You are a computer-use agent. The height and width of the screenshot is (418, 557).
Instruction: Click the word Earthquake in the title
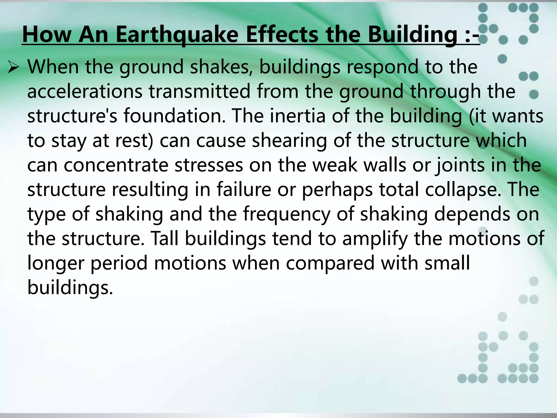click(x=177, y=35)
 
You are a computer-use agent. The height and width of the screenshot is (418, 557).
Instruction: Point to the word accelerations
click(x=85, y=91)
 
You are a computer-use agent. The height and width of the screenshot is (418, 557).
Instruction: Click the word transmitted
click(x=199, y=91)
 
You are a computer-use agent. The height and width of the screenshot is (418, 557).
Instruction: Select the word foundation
click(x=174, y=116)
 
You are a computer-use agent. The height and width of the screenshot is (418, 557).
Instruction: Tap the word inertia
click(x=298, y=116)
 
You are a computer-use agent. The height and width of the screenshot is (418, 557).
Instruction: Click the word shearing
click(x=289, y=140)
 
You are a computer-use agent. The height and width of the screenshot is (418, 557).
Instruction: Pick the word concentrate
click(x=116, y=165)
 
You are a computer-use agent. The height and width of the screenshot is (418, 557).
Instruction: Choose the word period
click(x=119, y=263)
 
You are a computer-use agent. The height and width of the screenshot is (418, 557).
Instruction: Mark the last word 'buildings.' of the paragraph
click(x=70, y=288)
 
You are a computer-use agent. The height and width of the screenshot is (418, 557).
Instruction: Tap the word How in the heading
click(x=47, y=35)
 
